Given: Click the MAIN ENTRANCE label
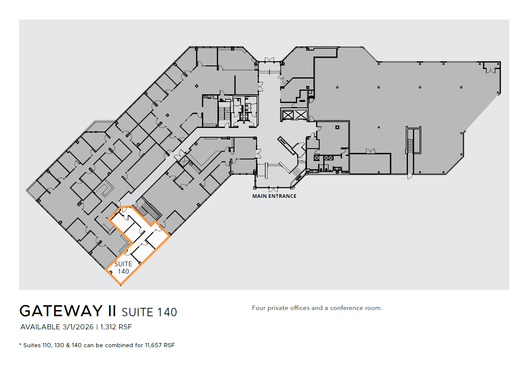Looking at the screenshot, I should click(274, 196).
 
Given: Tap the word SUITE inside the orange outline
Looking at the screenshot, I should click(123, 264).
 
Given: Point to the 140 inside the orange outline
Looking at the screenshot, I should click(123, 271).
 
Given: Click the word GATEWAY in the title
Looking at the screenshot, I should click(61, 311).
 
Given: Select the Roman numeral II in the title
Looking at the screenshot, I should click(112, 311).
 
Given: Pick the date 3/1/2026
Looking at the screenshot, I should click(78, 327).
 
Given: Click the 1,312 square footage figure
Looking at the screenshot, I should click(108, 327).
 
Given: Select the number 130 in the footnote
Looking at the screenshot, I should click(59, 345).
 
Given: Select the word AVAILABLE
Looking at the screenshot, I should click(40, 327).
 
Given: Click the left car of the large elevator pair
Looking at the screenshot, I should click(288, 115).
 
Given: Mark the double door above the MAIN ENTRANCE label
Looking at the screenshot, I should click(273, 189).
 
